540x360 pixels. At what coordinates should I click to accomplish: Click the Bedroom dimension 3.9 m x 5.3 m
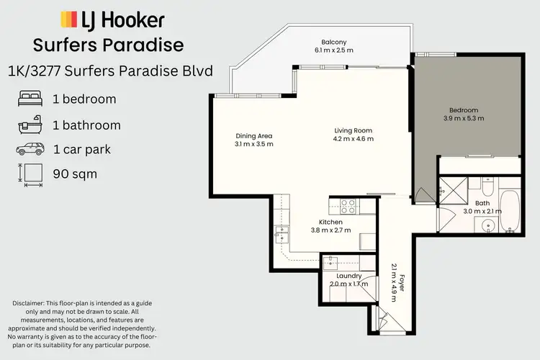coord(463,118)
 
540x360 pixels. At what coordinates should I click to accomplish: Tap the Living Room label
coord(353,130)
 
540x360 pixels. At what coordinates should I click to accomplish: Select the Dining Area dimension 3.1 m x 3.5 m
coord(254,144)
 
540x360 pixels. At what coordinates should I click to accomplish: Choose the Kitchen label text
coord(330,222)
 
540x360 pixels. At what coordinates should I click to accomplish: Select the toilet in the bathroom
coord(487,189)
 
